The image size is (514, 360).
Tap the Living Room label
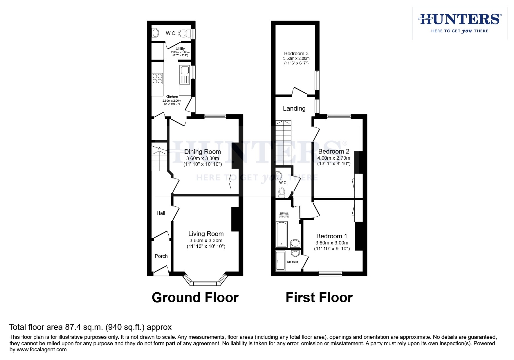(x=206, y=234)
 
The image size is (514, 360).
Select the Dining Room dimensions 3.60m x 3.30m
(x=202, y=158)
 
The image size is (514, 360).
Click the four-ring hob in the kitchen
(x=157, y=79)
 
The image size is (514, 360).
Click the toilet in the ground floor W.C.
(x=183, y=33)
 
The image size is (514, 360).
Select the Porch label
(x=161, y=256)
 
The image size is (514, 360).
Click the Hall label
(x=161, y=213)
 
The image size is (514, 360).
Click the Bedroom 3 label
(x=296, y=53)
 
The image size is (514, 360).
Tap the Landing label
(x=294, y=108)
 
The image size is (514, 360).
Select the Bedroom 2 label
(x=334, y=151)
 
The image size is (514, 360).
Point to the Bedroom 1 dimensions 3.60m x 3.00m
(x=332, y=243)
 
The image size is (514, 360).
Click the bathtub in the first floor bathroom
(x=282, y=234)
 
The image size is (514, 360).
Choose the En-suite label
(x=293, y=262)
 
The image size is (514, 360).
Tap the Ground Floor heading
(x=195, y=297)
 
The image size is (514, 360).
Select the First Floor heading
(x=319, y=297)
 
